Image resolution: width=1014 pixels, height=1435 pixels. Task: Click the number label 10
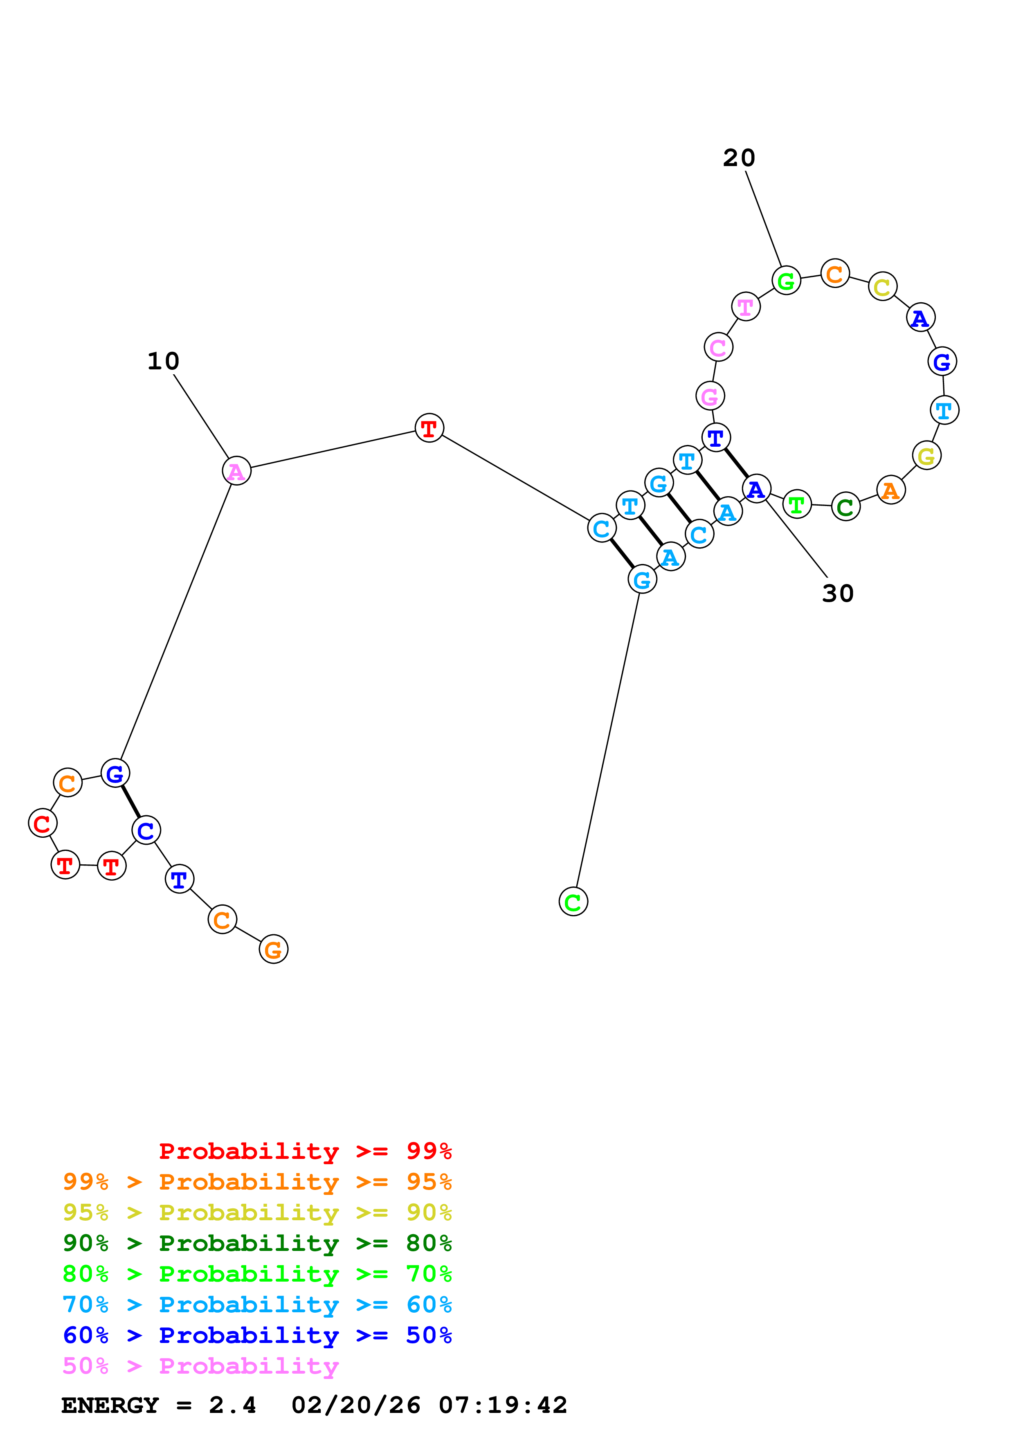point(163,361)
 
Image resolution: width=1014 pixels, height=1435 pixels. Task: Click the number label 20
point(739,158)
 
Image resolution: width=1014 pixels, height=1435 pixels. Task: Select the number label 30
point(837,594)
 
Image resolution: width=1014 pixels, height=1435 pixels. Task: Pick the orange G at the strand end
point(273,949)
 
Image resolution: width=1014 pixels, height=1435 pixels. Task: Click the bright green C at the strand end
point(573,901)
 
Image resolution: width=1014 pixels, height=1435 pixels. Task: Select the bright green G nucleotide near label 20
point(786,281)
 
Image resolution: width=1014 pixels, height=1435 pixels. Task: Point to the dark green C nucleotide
point(845,507)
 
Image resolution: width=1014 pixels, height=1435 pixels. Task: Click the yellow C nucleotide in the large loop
point(882,287)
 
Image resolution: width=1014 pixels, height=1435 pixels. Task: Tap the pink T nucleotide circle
point(745,307)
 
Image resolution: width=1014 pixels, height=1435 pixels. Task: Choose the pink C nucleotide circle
point(718,347)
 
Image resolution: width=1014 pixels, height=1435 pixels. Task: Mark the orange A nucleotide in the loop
point(891,490)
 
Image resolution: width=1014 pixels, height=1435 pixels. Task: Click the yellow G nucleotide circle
point(926,456)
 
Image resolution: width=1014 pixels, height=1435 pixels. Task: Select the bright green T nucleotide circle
point(796,504)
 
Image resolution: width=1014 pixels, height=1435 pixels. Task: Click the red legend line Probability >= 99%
point(305,1151)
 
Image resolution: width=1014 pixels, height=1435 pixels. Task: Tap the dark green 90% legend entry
point(257,1243)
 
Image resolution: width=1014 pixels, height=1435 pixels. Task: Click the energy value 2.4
point(232,1405)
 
